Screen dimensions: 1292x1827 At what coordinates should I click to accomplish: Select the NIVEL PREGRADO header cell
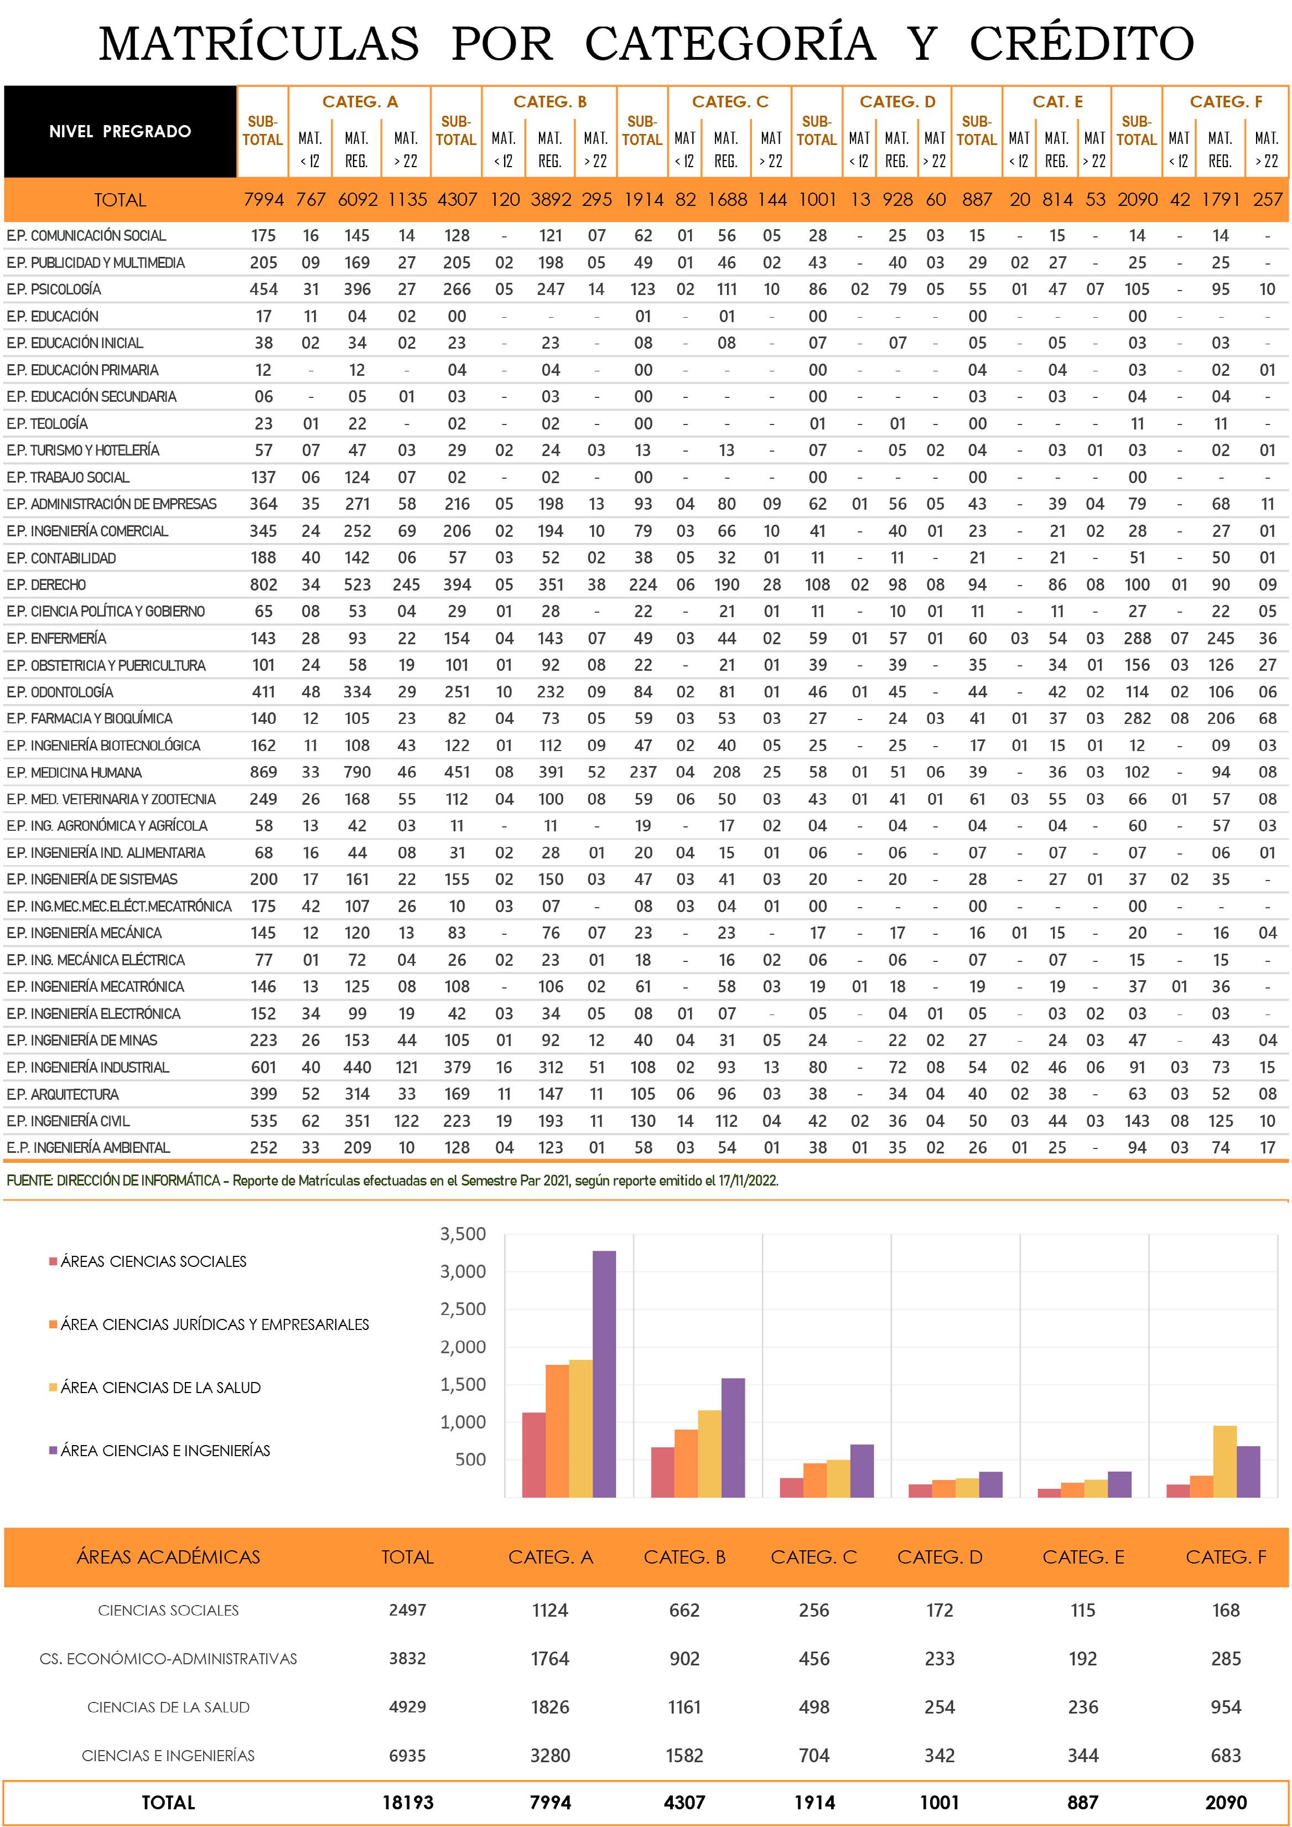(x=120, y=131)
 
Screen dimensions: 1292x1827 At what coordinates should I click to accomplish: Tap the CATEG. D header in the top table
(x=897, y=101)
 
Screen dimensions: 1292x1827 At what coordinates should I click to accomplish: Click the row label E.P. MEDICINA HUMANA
(x=74, y=773)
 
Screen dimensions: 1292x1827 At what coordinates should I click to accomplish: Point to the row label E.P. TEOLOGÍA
(x=47, y=423)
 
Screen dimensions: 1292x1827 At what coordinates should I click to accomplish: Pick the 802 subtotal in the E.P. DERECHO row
(x=263, y=585)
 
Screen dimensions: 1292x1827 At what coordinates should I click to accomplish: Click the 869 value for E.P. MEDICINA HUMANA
(x=263, y=773)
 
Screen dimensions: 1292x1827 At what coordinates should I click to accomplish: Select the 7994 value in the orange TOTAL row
(x=263, y=200)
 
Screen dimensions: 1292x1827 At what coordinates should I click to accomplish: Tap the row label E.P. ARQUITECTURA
(x=63, y=1094)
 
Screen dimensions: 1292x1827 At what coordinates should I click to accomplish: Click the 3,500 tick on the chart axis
(x=463, y=1234)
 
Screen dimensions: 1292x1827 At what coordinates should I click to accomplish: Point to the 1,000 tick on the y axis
(x=463, y=1422)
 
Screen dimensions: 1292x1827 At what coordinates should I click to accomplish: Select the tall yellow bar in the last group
(x=1225, y=1461)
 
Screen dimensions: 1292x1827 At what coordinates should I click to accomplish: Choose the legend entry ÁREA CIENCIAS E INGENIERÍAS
(x=160, y=1451)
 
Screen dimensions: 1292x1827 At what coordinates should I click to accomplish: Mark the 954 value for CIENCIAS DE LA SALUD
(x=1226, y=1707)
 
